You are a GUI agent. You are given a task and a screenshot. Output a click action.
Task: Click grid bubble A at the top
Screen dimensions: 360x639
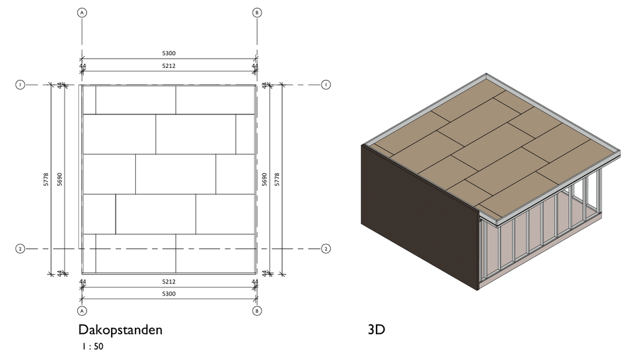click(82, 12)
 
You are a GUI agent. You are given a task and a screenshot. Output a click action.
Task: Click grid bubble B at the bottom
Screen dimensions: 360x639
click(257, 311)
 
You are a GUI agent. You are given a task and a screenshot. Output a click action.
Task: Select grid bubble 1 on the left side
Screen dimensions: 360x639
click(20, 85)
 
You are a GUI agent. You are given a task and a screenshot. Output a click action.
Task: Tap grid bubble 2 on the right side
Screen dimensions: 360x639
click(326, 249)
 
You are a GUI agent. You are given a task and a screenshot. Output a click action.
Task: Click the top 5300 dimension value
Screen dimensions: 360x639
click(169, 53)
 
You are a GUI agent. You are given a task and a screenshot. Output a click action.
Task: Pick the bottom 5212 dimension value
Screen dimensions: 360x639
click(169, 282)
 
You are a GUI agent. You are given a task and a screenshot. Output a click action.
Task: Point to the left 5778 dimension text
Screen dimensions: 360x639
click(46, 178)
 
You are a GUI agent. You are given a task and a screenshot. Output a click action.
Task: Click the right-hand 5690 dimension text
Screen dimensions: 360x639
click(265, 178)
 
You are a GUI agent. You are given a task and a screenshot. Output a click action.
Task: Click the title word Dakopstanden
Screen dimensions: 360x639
click(120, 330)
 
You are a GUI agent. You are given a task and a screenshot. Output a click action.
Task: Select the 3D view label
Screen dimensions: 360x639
click(376, 330)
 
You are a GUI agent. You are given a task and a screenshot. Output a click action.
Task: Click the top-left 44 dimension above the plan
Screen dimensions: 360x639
click(82, 66)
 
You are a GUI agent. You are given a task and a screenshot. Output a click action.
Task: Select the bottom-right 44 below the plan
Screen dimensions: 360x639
click(255, 282)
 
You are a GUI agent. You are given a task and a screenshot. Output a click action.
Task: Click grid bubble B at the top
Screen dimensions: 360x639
click(257, 12)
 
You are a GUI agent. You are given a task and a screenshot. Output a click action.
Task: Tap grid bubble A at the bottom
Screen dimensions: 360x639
click(82, 311)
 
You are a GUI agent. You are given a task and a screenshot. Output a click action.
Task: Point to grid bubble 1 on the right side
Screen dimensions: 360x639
click(326, 85)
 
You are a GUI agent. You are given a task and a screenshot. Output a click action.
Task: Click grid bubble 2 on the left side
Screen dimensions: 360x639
click(20, 249)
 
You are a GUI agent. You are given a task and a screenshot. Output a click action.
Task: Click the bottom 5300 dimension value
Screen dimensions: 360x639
click(169, 294)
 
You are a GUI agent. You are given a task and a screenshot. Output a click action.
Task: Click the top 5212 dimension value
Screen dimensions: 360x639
click(169, 66)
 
